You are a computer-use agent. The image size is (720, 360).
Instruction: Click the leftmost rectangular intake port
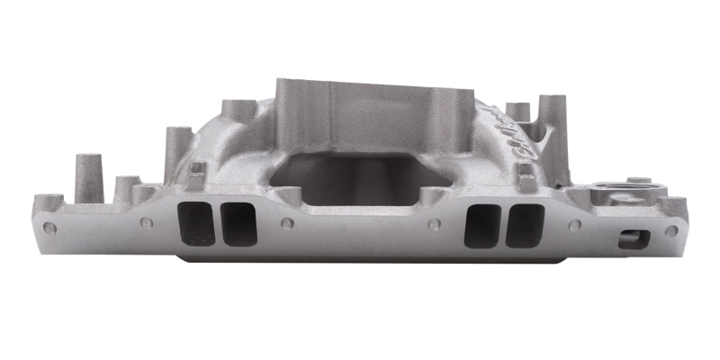[x=197, y=224]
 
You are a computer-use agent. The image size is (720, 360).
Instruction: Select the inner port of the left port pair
[x=238, y=224]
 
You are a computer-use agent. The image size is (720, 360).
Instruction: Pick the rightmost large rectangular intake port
[x=525, y=225]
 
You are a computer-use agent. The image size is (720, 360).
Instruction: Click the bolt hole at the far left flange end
[x=49, y=228]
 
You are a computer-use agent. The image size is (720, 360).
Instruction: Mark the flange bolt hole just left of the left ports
[x=143, y=222]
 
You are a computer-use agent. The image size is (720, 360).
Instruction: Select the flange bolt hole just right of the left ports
[x=286, y=222]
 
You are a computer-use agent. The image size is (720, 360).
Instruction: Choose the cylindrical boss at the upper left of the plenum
[x=236, y=114]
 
